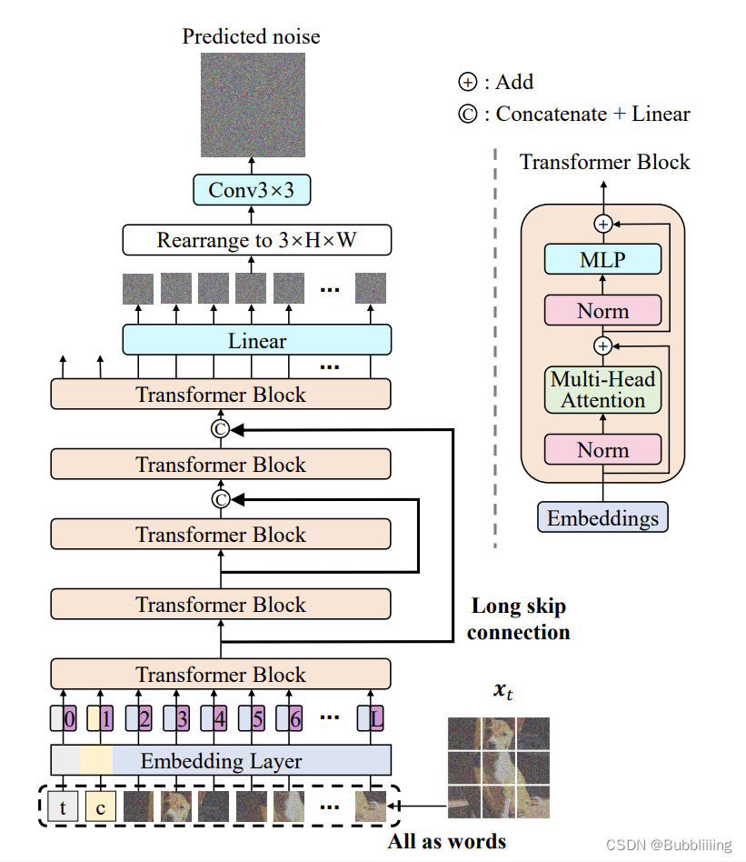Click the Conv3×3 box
[252, 189]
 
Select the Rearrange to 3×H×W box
[257, 241]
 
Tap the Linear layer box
[257, 341]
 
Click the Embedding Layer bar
[221, 760]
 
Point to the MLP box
[602, 260]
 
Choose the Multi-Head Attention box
[602, 389]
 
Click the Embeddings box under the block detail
[603, 518]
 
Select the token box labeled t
[63, 806]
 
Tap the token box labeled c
[100, 806]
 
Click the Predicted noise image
[253, 104]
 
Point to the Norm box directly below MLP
[602, 311]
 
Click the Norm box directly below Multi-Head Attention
[602, 449]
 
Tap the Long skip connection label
[518, 619]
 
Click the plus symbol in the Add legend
[467, 83]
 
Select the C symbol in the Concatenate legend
[467, 115]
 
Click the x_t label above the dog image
[502, 691]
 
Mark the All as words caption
[446, 840]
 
